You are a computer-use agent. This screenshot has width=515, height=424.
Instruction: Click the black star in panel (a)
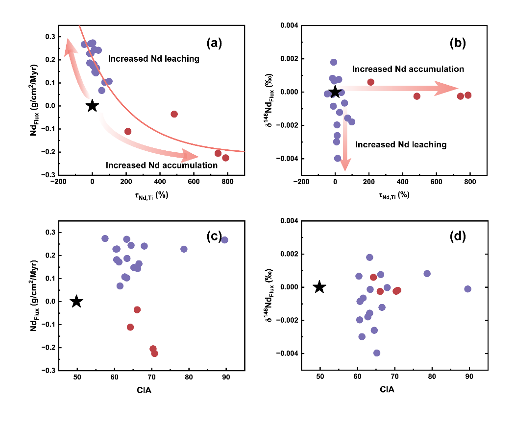pos(92,106)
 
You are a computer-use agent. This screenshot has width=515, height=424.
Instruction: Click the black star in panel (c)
pos(76,302)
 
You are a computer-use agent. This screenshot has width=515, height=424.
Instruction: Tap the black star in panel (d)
pos(319,287)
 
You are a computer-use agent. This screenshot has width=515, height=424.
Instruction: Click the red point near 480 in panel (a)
pos(174,114)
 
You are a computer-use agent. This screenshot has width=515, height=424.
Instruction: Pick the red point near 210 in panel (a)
pos(128,131)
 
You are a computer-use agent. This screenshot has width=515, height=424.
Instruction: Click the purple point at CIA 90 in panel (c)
pos(224,240)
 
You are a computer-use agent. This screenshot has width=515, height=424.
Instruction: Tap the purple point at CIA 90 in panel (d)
pos(467,289)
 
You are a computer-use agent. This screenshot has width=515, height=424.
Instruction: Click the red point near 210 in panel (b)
pos(371,82)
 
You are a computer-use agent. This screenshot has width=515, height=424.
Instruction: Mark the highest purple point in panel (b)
pos(334,62)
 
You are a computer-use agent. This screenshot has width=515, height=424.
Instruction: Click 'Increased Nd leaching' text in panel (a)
pos(153,59)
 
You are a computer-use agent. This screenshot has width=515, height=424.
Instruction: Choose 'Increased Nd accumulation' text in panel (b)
pos(408,70)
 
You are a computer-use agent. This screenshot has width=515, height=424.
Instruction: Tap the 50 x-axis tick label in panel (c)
pos(77,379)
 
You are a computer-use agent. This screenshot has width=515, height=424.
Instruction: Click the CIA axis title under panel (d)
pos(387,390)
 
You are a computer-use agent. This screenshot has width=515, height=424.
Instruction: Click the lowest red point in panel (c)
pos(155,353)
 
